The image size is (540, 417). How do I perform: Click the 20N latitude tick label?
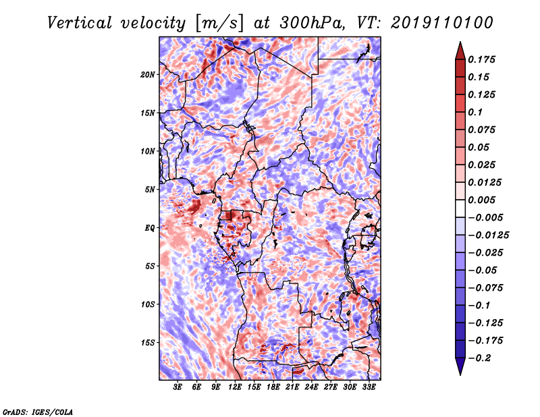[x=147, y=74]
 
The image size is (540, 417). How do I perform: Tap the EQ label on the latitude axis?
[x=149, y=227]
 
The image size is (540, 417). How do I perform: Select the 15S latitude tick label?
[x=147, y=343]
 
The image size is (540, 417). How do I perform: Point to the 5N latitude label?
[x=149, y=190]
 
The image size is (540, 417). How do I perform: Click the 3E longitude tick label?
[x=177, y=387]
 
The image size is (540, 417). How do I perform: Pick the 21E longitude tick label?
[x=292, y=387]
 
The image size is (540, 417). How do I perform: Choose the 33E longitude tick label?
[x=369, y=387]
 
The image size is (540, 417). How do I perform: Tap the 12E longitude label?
[x=234, y=387]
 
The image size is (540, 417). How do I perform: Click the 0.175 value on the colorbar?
[x=481, y=59]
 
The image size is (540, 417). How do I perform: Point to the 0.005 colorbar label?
[x=481, y=200]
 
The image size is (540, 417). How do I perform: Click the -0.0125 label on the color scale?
[x=488, y=235]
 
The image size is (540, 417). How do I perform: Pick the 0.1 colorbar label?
[x=475, y=112]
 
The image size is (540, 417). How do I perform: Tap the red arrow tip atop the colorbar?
[x=460, y=43]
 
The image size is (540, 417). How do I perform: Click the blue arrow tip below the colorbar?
[x=460, y=374]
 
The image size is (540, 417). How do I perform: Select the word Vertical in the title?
[x=80, y=23]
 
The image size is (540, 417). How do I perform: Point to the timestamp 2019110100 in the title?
[x=442, y=23]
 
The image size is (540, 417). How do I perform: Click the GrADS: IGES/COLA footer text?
[x=38, y=412]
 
